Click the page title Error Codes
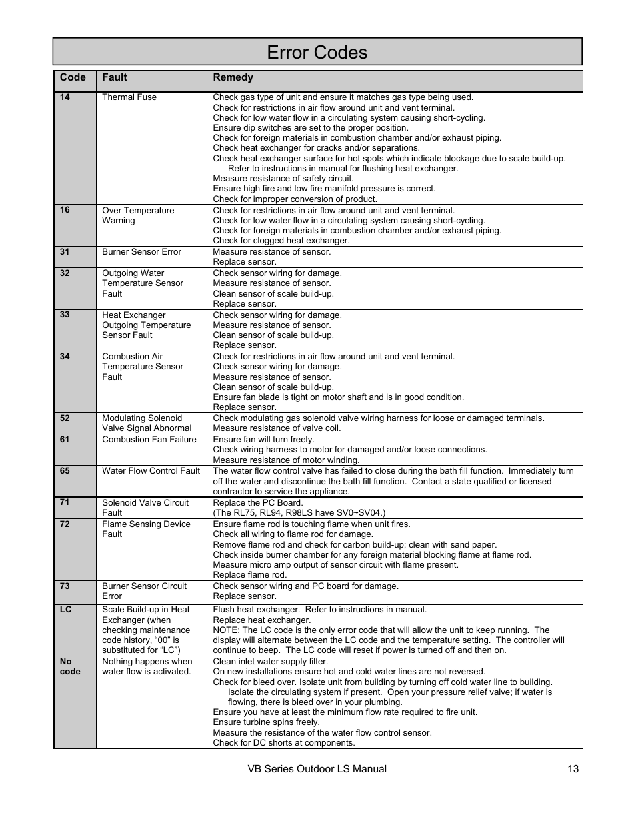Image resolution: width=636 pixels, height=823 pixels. tap(317, 53)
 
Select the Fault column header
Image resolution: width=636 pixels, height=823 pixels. tap(115, 77)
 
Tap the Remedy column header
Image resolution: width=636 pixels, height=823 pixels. tap(233, 77)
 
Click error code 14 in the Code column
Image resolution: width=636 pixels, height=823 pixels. tap(65, 97)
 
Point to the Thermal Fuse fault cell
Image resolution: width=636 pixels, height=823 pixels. tap(129, 97)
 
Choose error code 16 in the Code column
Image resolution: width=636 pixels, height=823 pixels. tap(65, 210)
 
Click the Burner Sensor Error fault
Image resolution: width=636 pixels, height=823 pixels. tap(141, 252)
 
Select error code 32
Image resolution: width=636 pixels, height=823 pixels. tap(65, 273)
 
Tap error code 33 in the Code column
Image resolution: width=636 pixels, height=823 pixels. tap(65, 315)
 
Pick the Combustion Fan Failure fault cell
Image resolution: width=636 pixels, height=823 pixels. tap(149, 440)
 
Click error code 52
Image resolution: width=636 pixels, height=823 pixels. tap(65, 418)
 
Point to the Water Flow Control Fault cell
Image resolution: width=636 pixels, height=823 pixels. tap(151, 471)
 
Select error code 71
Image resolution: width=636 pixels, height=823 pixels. tap(65, 502)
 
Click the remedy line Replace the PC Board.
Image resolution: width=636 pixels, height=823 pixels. tap(257, 503)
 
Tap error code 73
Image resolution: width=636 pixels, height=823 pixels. tap(65, 586)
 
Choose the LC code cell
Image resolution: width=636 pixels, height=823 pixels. tap(65, 610)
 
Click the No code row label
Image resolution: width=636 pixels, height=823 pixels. tap(69, 666)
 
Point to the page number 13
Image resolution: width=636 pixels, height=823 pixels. tap(573, 769)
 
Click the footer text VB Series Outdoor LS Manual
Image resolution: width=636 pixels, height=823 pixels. tap(317, 769)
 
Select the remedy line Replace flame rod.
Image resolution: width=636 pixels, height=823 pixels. tap(249, 575)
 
